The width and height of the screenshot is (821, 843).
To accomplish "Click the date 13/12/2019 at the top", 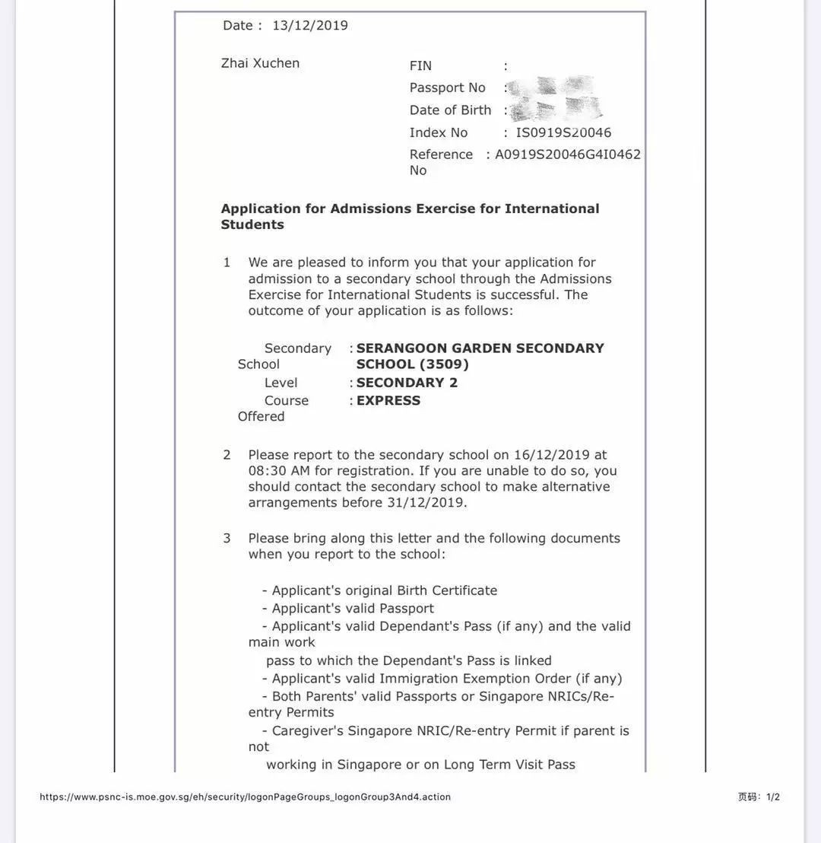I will [x=309, y=25].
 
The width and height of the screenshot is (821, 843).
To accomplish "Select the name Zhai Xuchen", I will [x=260, y=63].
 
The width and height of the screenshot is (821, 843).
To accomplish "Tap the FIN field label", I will [x=420, y=66].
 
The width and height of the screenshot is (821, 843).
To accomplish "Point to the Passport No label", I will [x=447, y=87].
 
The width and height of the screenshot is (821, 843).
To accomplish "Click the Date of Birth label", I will [x=450, y=110].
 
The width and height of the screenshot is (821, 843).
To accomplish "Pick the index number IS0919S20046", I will [x=563, y=132].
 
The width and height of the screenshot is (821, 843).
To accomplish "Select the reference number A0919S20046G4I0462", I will [x=568, y=154].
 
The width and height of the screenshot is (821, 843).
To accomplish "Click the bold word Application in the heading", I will [x=261, y=208].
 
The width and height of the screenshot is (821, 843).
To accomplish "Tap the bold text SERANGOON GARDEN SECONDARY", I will [x=480, y=348].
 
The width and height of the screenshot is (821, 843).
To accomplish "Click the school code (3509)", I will [x=444, y=364].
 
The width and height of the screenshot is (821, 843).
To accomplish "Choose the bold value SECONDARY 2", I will [x=407, y=383].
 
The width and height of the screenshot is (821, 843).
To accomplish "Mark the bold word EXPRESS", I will [x=388, y=401].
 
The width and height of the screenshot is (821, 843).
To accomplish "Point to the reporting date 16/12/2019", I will [x=551, y=455].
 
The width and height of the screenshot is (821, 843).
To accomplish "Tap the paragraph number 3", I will [x=227, y=539].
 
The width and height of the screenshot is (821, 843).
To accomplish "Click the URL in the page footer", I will [x=245, y=797].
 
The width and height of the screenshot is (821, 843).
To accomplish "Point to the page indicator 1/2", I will [x=772, y=797].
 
